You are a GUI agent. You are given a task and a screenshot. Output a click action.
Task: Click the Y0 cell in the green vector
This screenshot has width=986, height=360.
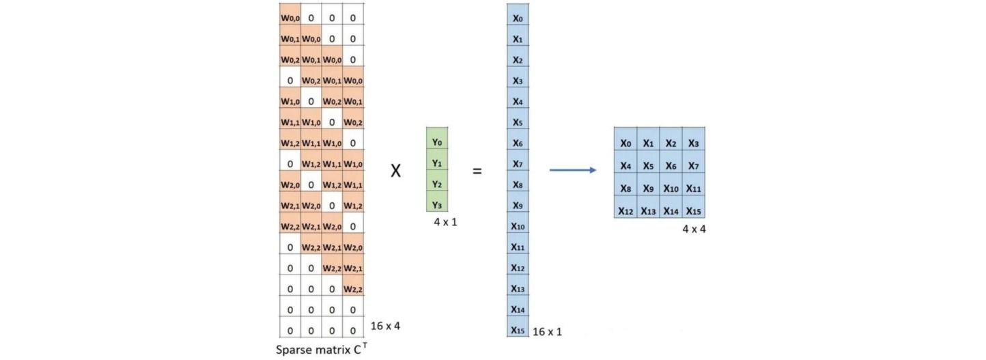coord(437,138)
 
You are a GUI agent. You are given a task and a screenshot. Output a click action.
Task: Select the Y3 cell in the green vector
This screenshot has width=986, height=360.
coord(437,201)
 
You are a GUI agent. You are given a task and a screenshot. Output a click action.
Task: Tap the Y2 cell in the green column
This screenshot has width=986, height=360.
coord(437,180)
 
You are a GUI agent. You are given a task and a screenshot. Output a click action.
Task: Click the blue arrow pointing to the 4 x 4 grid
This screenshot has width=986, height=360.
coord(573,170)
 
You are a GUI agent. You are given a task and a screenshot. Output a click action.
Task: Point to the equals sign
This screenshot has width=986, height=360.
coord(477,171)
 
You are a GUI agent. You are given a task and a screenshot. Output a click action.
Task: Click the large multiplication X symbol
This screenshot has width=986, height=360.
coord(396,170)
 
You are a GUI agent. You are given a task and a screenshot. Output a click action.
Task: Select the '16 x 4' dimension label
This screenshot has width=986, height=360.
coord(385,326)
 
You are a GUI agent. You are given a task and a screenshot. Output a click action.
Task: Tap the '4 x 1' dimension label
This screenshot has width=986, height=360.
coord(445,222)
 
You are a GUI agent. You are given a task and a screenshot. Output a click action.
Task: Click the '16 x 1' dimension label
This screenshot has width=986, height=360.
coord(547,331)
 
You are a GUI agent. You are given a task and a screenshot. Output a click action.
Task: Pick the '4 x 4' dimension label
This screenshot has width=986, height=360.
coord(694,229)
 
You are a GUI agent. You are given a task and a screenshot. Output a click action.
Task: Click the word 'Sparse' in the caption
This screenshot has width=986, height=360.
coord(292,350)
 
